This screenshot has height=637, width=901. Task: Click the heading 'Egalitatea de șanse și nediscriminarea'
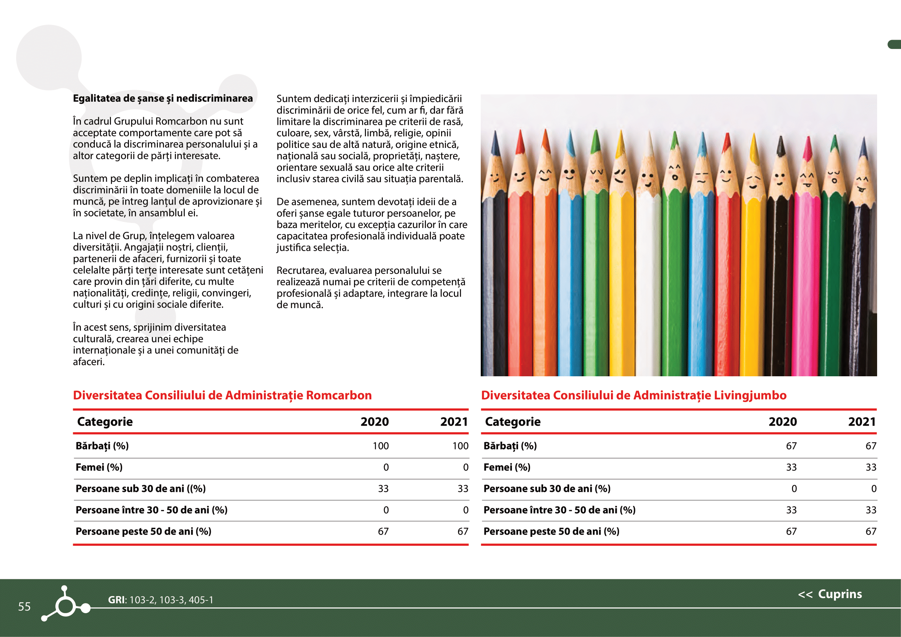163,98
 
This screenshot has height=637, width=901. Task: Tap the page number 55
24,607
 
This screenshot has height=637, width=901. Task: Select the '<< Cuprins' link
830,594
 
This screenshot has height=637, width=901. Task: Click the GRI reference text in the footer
161,600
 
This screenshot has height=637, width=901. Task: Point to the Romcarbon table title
222,395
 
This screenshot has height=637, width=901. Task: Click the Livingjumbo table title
633,395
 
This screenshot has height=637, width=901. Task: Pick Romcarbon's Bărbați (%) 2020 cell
380,446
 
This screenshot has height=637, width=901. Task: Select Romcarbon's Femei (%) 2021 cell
465,467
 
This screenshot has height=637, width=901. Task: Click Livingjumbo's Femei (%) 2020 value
791,467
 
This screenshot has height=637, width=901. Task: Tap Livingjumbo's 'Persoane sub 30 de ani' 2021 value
874,489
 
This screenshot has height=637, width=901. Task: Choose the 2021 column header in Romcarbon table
454,422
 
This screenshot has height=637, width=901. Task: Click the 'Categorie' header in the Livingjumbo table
512,422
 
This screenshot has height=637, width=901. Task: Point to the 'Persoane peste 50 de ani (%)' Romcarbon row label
143,531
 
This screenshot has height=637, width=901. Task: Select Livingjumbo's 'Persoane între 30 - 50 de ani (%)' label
559,510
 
